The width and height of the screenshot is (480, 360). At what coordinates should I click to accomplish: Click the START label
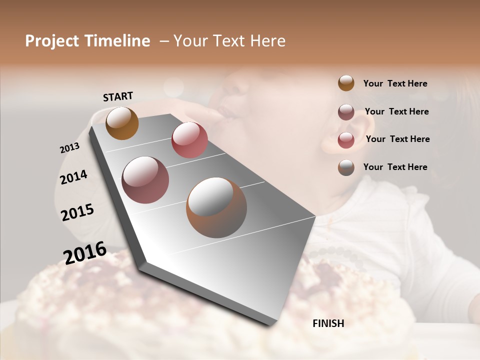point(118,96)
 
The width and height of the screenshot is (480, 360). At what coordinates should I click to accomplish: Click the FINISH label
point(328,323)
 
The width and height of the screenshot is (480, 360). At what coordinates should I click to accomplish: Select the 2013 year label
point(69,148)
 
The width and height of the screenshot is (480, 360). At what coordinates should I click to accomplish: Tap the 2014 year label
point(73,177)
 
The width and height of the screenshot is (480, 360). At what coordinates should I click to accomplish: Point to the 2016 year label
point(85,253)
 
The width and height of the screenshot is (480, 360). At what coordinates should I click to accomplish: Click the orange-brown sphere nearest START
point(122,123)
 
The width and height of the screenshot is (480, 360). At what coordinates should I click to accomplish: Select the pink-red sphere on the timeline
point(189,140)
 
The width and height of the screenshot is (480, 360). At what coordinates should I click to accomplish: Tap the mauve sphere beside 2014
point(145,180)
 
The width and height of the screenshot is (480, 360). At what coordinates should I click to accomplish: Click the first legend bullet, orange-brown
point(346,83)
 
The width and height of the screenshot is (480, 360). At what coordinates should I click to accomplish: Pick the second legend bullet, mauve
point(346,111)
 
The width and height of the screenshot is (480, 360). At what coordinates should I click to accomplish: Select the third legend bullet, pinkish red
point(346,139)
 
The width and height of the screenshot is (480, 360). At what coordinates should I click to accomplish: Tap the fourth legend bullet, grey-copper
point(346,167)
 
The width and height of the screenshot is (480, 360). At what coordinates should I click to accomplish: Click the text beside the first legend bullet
point(395,83)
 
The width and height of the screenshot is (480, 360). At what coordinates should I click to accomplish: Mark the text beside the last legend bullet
point(395,167)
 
